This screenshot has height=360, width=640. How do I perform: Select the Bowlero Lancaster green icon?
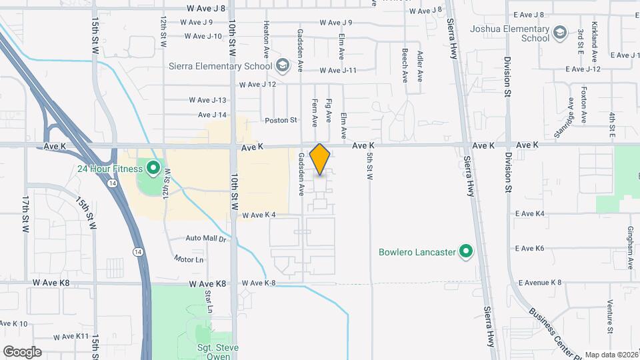(x=466, y=252)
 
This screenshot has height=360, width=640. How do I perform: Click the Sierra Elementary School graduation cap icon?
(x=283, y=65)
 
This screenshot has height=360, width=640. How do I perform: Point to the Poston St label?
(x=281, y=121)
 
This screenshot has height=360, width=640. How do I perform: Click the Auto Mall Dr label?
(x=206, y=238)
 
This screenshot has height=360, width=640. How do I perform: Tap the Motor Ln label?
(x=188, y=259)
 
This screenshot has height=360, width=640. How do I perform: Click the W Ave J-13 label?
(x=208, y=100)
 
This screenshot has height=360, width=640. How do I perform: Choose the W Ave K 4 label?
(x=259, y=215)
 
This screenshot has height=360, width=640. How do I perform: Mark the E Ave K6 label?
(x=530, y=249)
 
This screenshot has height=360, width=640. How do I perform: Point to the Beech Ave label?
(x=405, y=65)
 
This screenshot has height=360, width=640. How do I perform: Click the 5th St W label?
(x=369, y=167)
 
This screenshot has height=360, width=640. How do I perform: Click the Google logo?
(x=22, y=351)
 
